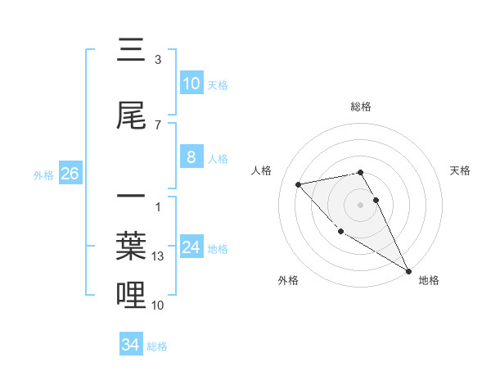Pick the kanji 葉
click(x=131, y=242)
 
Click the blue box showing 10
click(x=191, y=84)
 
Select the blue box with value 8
click(x=191, y=157)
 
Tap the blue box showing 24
click(x=191, y=247)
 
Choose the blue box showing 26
click(x=70, y=174)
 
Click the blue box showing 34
click(x=130, y=345)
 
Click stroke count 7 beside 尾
click(x=158, y=125)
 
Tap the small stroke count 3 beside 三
click(x=158, y=60)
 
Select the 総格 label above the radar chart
click(x=361, y=106)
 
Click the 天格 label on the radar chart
click(x=460, y=170)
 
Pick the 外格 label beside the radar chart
click(x=288, y=280)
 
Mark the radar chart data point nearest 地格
click(x=408, y=271)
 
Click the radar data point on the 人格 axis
click(x=299, y=184)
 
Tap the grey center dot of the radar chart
click(x=361, y=204)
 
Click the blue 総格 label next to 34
click(x=157, y=346)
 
